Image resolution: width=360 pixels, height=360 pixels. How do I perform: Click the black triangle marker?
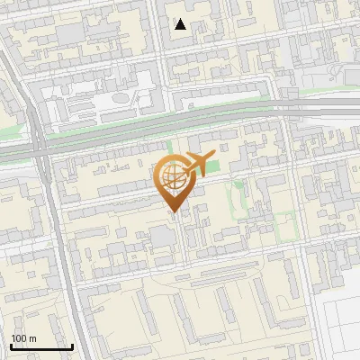click(x=181, y=24)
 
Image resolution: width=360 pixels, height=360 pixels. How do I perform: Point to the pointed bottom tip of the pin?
click(x=173, y=211)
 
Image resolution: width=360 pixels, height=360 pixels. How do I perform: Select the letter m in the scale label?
click(x=32, y=338)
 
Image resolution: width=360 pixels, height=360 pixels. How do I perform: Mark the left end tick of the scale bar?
click(x=10, y=346)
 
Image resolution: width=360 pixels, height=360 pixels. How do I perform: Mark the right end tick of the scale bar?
click(x=72, y=346)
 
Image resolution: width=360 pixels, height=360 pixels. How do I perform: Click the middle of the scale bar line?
click(x=40, y=348)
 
